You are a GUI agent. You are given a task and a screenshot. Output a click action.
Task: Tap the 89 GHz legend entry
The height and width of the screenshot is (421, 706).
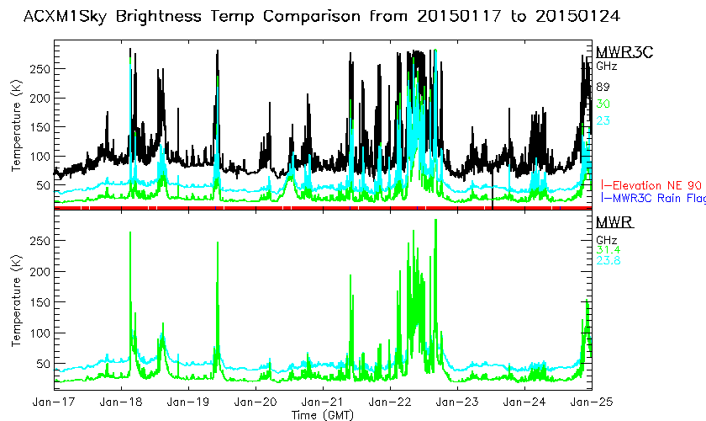(x=603, y=87)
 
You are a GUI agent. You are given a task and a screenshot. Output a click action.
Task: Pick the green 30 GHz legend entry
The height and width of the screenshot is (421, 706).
(x=603, y=104)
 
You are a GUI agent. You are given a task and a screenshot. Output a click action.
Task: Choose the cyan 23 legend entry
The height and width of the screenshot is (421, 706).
(x=603, y=120)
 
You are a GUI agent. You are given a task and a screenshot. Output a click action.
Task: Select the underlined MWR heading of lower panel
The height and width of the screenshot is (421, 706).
(x=614, y=223)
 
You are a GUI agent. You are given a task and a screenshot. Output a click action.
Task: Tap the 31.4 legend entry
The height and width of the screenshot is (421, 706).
(x=609, y=248)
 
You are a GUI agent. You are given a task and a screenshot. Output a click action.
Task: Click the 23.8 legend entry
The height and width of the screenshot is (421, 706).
(x=609, y=259)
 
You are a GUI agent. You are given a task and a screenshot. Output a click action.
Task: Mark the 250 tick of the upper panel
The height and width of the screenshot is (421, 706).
(x=40, y=68)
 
